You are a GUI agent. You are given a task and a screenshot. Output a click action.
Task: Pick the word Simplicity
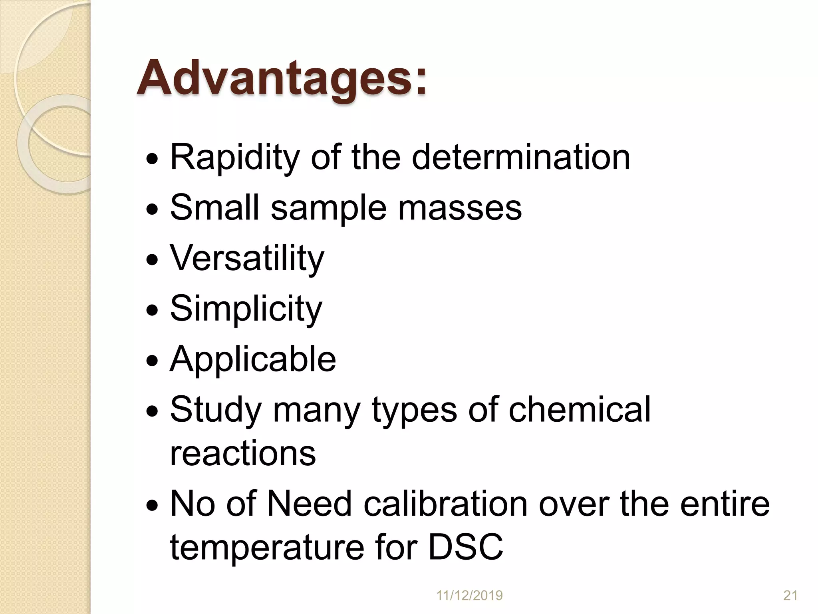pos(246,309)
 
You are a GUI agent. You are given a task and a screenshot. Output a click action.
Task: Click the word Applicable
pos(253,359)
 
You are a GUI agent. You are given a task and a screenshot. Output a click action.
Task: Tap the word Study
pos(215,410)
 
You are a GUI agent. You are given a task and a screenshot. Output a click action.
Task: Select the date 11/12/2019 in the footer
pos(469,596)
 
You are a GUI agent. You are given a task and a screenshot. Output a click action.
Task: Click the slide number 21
pos(790,596)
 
